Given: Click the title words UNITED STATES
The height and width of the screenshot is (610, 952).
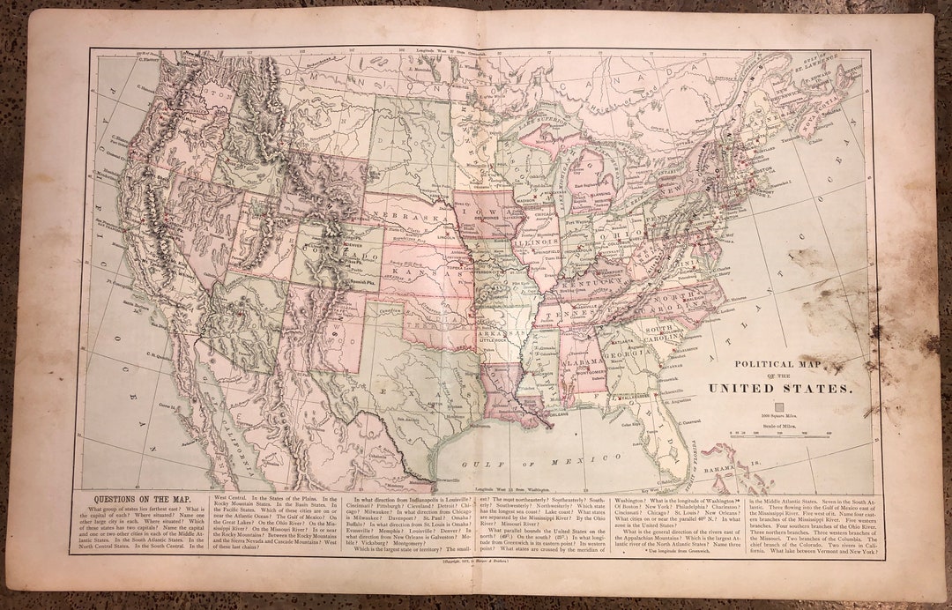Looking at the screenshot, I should click(780, 388).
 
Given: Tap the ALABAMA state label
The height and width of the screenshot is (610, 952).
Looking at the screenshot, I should click(578, 361).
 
